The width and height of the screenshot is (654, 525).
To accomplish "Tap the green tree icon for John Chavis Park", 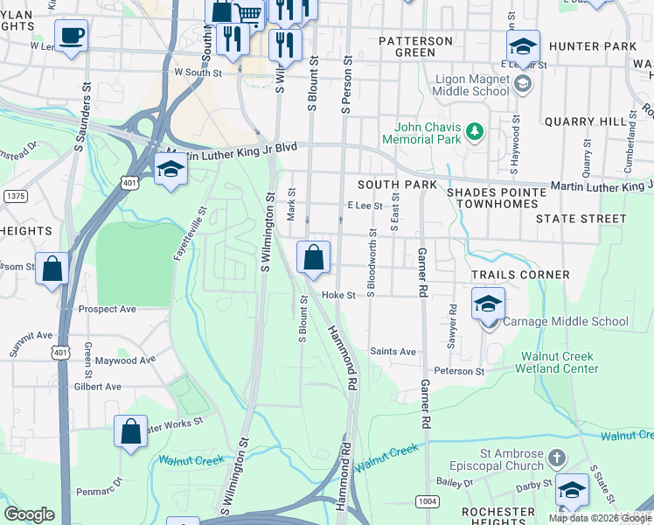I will point(475,132).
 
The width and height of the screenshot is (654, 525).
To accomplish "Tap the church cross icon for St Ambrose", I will point(557,458).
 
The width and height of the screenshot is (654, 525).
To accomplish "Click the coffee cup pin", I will point(71,37).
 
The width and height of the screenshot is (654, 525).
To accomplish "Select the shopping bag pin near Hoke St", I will point(313,258).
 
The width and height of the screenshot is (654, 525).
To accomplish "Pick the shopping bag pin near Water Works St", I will point(130,431).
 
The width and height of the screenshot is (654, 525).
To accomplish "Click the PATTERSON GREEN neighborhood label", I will point(415,46).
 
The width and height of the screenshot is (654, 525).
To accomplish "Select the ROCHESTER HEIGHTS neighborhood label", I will point(497,517).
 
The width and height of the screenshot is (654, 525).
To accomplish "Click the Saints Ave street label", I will point(393,352).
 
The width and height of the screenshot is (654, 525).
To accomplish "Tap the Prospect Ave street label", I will point(108,310).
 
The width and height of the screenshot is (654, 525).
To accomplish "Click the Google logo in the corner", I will point(29,514).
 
